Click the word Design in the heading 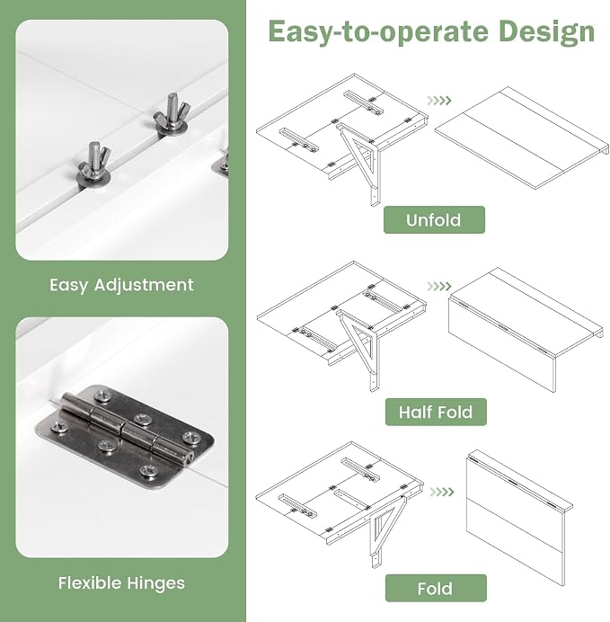pos(546,32)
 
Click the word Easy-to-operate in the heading pos(378,32)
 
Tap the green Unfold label pos(434,219)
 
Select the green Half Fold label pos(436,412)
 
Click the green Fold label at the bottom pos(436,588)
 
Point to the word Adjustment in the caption pos(144,285)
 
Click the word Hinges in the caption pos(156,583)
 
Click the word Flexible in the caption pos(90,583)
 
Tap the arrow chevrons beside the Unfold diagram pos(439,101)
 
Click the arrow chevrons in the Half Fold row pos(439,286)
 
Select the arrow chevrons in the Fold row pos(441,492)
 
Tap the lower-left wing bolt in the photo pos(93,164)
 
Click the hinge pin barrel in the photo pos(128,429)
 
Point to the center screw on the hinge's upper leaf pos(141,419)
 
